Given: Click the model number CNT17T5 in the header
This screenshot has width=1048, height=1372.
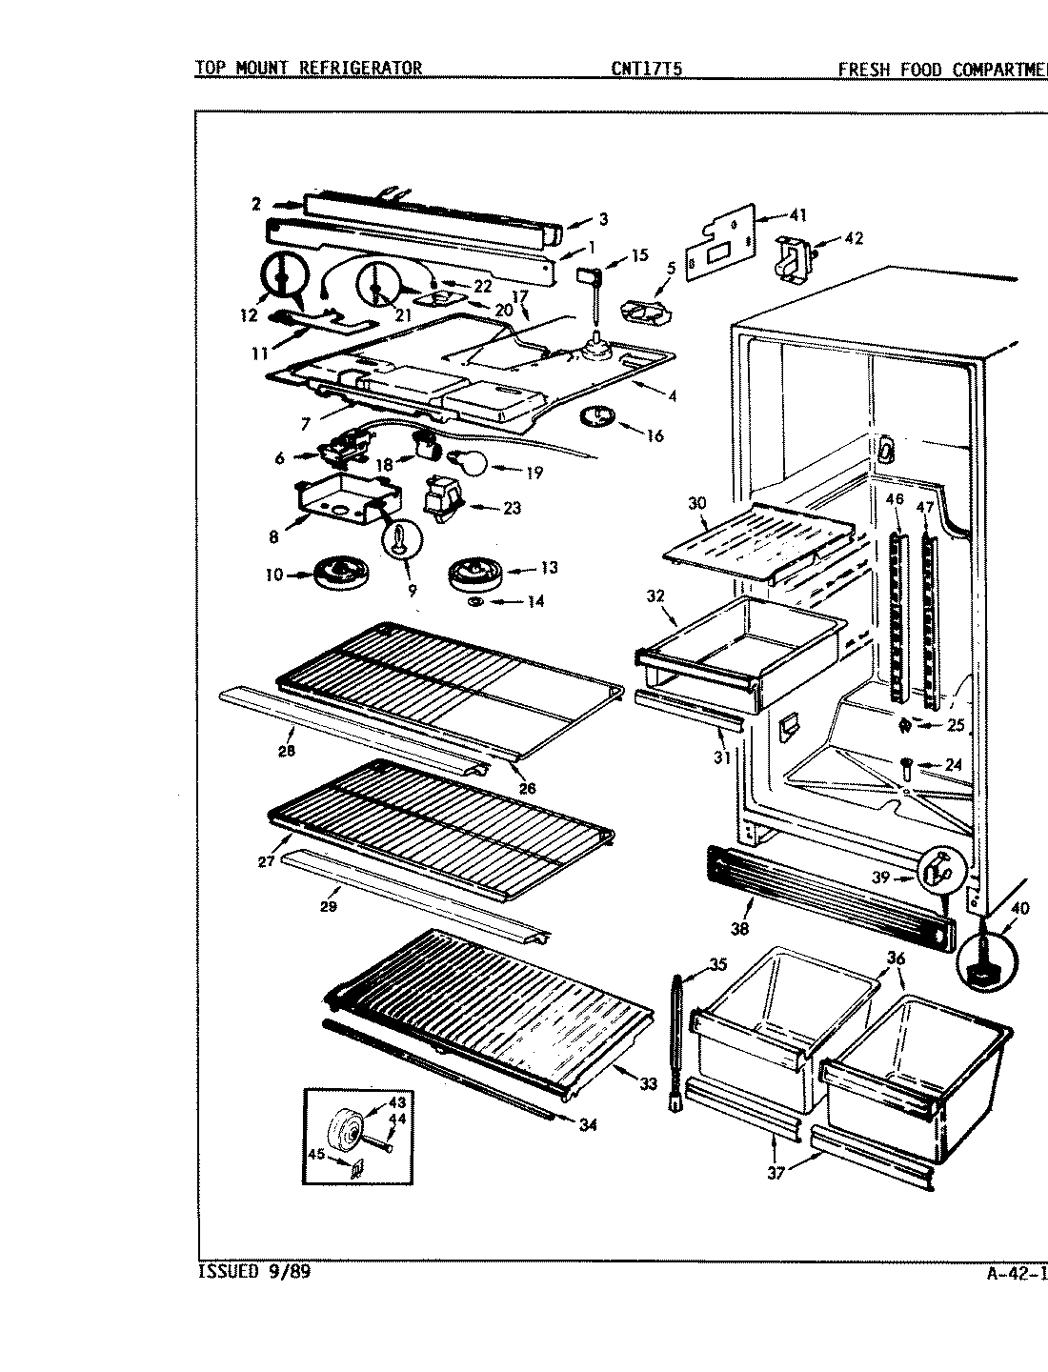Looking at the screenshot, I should pyautogui.click(x=647, y=69).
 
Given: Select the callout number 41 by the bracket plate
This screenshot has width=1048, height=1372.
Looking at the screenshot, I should pyautogui.click(x=796, y=215).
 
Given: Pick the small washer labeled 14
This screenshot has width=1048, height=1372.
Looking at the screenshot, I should pyautogui.click(x=477, y=602).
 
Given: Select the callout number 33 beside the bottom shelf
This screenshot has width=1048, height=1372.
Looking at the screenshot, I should pyautogui.click(x=648, y=1083).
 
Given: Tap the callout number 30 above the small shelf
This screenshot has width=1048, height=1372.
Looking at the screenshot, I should pyautogui.click(x=696, y=502).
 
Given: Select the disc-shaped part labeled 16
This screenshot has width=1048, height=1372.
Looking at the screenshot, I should pyautogui.click(x=597, y=416).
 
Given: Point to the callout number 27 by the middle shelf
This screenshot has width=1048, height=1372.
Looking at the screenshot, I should pyautogui.click(x=265, y=861).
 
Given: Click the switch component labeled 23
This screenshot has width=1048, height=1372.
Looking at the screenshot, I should pyautogui.click(x=444, y=499).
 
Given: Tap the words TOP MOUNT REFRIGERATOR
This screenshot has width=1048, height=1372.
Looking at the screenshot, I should pyautogui.click(x=308, y=69).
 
